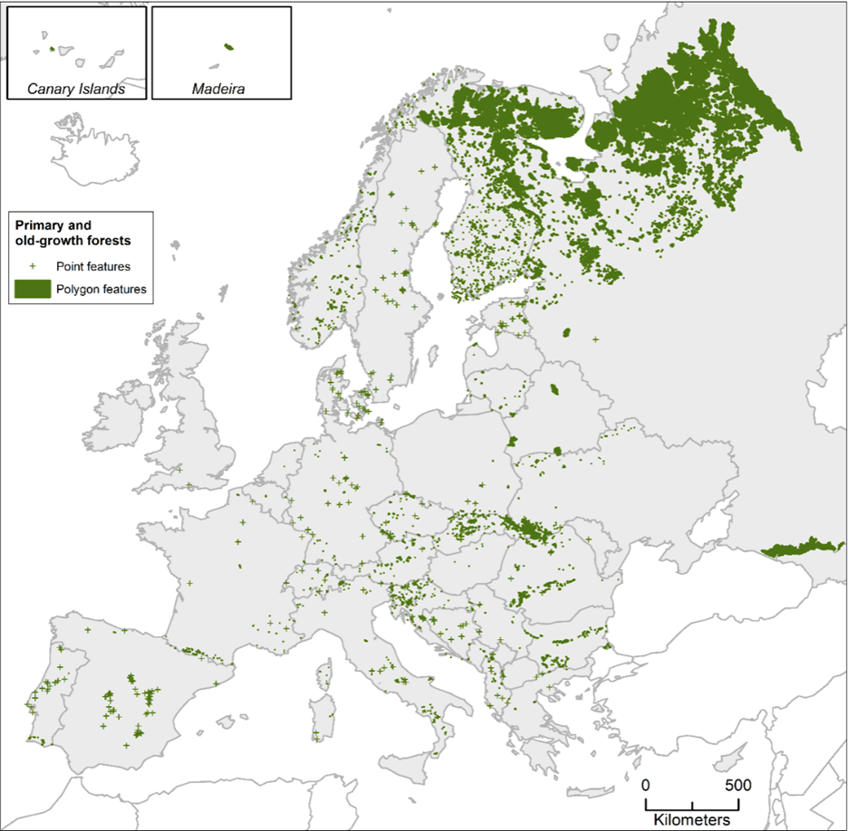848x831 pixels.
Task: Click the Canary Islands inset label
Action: tap(75, 89)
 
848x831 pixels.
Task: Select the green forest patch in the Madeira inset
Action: tap(228, 46)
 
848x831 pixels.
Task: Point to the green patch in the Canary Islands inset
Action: tap(53, 50)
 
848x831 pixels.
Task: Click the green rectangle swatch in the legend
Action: tap(33, 289)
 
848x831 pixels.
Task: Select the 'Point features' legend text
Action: tap(93, 266)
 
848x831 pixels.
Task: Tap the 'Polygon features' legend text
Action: tap(101, 289)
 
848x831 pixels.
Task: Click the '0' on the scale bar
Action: tap(645, 784)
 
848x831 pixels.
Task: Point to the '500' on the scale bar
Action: tap(737, 784)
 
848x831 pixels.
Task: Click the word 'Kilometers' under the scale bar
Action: tap(692, 818)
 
